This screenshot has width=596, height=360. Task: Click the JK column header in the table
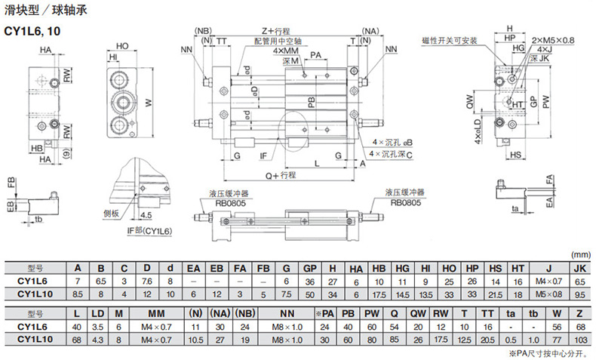tap(579, 268)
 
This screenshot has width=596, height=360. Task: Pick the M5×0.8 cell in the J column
tap(548, 293)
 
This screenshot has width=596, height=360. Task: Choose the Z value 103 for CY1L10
tap(579, 340)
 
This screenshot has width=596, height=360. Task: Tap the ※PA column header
tap(324, 315)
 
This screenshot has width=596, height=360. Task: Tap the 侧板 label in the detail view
tap(110, 213)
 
